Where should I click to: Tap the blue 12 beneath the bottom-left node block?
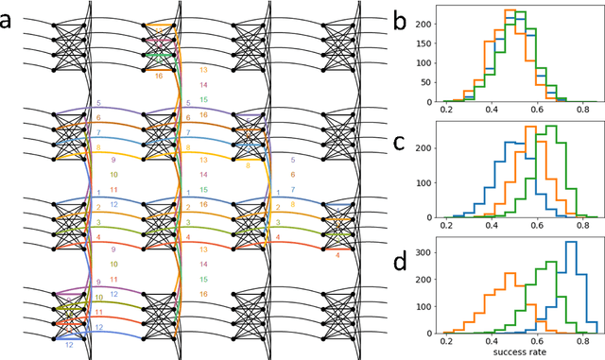(x=69, y=346)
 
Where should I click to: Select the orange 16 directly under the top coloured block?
(x=159, y=76)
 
